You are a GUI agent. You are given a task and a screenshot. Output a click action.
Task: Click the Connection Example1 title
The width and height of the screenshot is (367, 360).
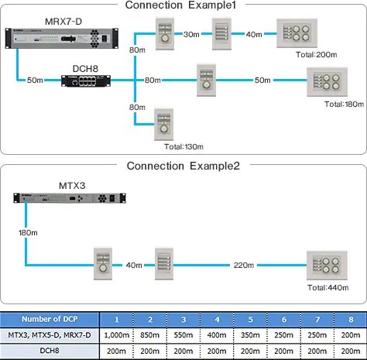point(183,6)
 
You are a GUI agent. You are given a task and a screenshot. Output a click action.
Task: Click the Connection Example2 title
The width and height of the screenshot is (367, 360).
point(183,166)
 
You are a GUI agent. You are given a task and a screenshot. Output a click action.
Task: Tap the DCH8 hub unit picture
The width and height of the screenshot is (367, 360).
point(90,80)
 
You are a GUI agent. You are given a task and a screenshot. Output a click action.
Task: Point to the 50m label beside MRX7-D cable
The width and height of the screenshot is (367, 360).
point(36,81)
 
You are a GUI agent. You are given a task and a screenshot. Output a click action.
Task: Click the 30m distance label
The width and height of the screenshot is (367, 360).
point(192,34)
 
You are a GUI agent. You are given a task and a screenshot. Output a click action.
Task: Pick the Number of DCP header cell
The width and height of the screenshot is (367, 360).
point(50,319)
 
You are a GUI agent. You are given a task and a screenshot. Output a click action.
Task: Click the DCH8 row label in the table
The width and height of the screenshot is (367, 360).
point(50,350)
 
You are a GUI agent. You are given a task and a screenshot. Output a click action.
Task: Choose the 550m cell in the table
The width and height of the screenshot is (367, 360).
point(183,334)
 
